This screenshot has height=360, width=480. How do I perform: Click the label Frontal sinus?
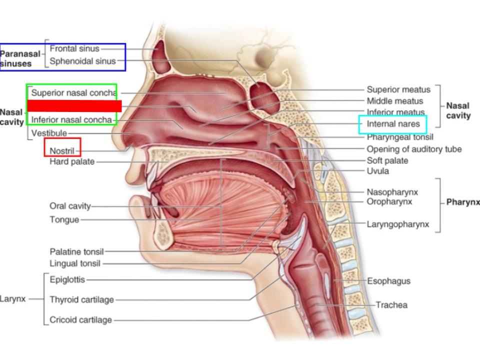74,48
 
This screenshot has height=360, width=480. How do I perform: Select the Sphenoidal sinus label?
82,61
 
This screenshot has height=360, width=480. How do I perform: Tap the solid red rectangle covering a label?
74,106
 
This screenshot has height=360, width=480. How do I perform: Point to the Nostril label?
62,150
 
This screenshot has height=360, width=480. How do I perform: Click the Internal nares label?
390,124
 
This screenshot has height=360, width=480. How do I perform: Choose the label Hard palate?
72,161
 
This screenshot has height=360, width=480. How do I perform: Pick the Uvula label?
378,171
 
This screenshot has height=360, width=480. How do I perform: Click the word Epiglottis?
67,280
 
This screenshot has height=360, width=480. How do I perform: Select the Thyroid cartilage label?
81,300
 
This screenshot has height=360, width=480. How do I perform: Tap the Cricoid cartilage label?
80,320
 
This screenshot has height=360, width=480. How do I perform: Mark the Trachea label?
391,305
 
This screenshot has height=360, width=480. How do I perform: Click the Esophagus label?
389,281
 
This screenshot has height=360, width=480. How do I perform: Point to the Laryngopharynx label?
398,224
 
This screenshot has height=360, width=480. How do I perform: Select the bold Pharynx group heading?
463,202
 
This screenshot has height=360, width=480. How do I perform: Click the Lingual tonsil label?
75,263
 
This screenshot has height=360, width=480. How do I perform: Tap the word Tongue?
64,219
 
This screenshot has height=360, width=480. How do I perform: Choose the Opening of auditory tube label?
414,149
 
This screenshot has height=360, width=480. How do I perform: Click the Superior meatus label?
398,89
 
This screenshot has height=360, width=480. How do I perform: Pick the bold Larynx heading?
13,299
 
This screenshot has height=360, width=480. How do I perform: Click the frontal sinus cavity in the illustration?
160,57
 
